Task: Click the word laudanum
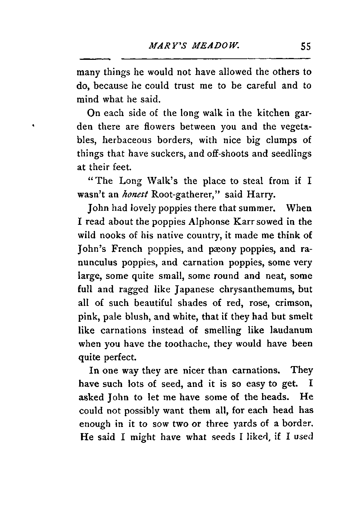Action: [292, 330]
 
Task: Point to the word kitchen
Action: [272, 113]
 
